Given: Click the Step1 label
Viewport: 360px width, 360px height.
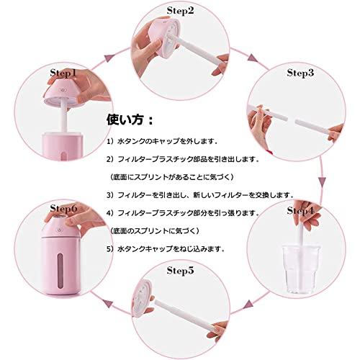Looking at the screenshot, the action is (x=63, y=73).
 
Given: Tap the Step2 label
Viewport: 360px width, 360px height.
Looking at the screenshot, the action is (x=180, y=11).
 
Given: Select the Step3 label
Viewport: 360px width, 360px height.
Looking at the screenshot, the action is (x=300, y=73).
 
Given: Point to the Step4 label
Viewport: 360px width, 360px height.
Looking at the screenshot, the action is (x=300, y=211).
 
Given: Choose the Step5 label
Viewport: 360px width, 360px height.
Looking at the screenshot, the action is (x=180, y=271).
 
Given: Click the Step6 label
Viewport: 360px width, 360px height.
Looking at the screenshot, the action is (x=63, y=208).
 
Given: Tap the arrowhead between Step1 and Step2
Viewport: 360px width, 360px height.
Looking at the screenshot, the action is (x=109, y=58).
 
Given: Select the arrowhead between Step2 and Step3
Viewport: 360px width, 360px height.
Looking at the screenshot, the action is (x=253, y=58).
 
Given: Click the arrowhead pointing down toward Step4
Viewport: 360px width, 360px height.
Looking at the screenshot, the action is (x=322, y=181).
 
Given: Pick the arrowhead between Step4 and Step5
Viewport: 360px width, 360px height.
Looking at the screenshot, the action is (x=251, y=304).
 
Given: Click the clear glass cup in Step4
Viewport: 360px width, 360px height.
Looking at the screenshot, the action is (x=301, y=269).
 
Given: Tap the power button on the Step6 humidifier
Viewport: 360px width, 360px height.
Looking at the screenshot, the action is (x=59, y=229).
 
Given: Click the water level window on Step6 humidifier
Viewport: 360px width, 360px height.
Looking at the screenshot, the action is (x=60, y=271).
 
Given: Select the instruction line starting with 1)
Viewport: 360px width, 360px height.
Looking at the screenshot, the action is (x=162, y=141).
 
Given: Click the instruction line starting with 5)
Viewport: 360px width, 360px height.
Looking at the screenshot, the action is (x=166, y=249).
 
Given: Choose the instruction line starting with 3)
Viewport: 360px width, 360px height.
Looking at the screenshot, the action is (x=201, y=195).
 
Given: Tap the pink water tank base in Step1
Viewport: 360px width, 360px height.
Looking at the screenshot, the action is (x=63, y=145).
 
